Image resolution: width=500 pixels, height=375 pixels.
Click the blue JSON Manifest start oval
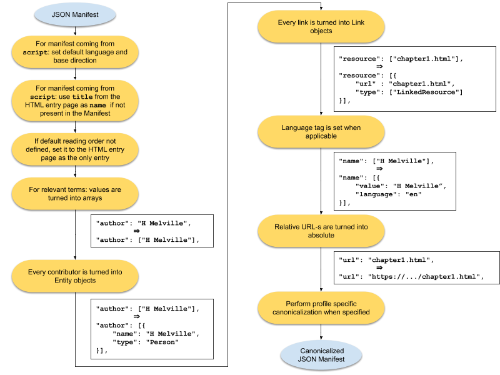(75, 14)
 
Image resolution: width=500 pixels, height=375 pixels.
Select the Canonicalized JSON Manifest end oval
(321, 355)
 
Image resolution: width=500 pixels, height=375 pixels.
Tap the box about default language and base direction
(75, 52)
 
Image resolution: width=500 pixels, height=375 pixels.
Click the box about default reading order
(75, 149)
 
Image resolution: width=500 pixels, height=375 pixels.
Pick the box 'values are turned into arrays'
(75, 193)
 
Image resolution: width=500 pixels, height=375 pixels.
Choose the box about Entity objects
(75, 276)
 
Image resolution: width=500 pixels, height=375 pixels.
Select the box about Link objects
(321, 26)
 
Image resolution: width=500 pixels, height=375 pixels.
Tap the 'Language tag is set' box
(321, 132)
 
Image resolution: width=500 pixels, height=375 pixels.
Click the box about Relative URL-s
(321, 231)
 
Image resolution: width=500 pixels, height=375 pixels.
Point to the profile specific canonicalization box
(321, 307)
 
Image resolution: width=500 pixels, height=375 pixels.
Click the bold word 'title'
(82, 97)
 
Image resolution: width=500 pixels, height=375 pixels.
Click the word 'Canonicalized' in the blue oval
(321, 351)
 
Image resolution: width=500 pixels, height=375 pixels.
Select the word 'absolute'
(321, 235)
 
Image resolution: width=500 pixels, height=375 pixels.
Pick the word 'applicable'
(321, 136)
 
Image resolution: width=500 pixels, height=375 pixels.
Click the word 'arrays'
(91, 197)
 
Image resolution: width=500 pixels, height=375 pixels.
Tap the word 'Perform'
(299, 303)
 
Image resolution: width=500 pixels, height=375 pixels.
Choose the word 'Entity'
(66, 281)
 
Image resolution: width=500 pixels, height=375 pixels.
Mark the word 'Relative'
(287, 226)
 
